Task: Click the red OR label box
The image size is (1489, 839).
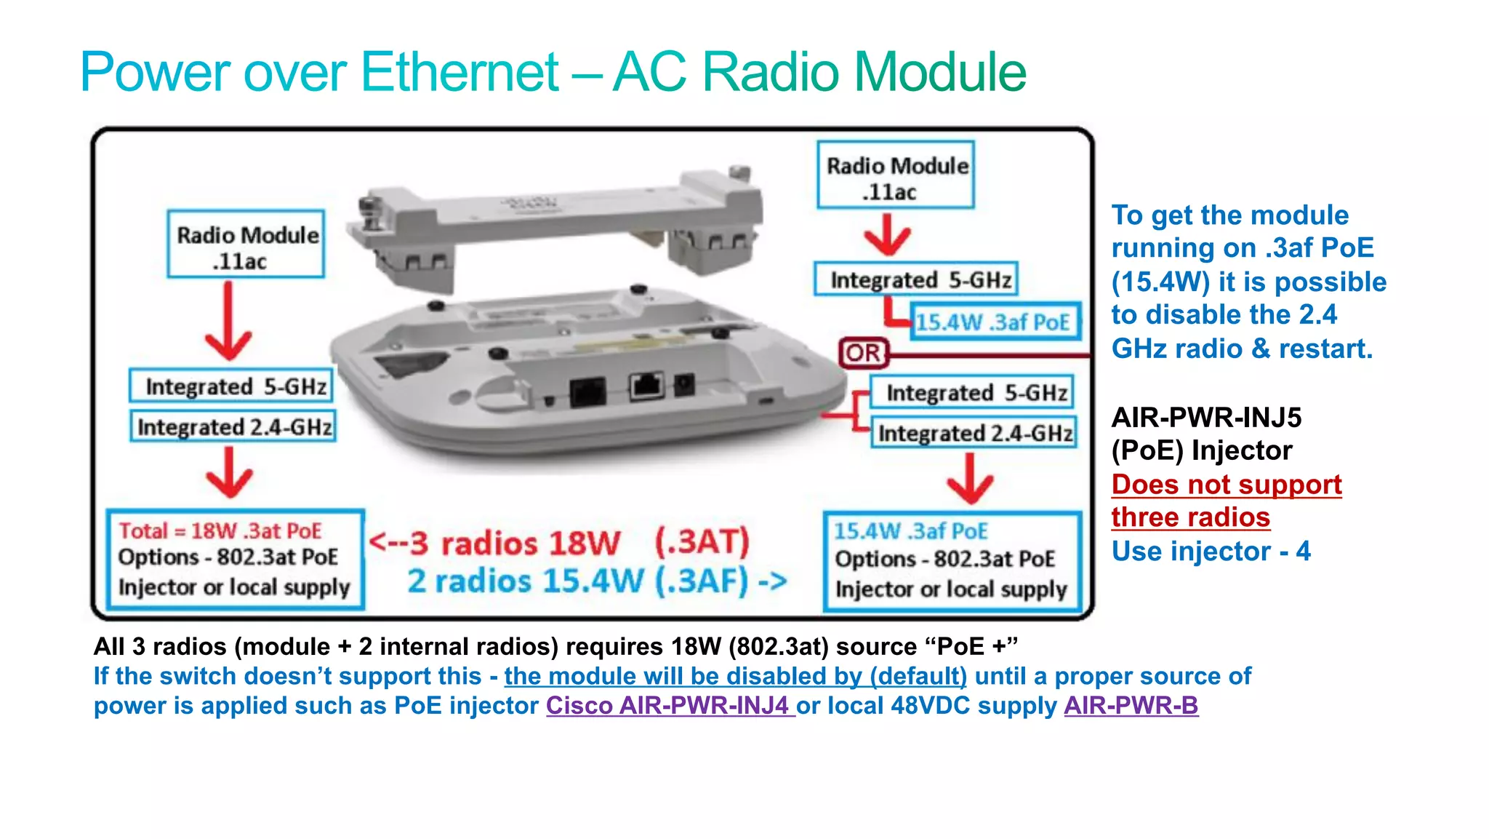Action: coord(863,354)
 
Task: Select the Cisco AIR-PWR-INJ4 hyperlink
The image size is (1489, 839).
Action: coord(670,706)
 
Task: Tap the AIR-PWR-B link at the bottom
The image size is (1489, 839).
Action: coord(1131,706)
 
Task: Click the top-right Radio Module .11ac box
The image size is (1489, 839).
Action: coord(896,176)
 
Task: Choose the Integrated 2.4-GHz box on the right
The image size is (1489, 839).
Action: coord(974,433)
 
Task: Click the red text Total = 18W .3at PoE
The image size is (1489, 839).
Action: coord(220,530)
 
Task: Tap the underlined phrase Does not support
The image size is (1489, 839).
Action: coord(1227,485)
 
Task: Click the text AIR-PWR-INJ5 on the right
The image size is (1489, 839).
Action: coord(1205,418)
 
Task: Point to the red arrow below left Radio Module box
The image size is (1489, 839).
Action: coord(228,324)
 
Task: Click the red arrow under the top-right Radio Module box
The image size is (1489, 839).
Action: coord(887,236)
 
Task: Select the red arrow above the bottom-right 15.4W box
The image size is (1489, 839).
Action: coord(971,480)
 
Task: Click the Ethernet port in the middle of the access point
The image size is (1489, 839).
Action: coord(646,386)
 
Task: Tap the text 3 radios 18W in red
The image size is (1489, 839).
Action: coord(515,543)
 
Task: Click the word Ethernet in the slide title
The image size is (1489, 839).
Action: coord(459,72)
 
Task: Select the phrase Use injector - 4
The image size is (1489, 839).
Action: coord(1211,552)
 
